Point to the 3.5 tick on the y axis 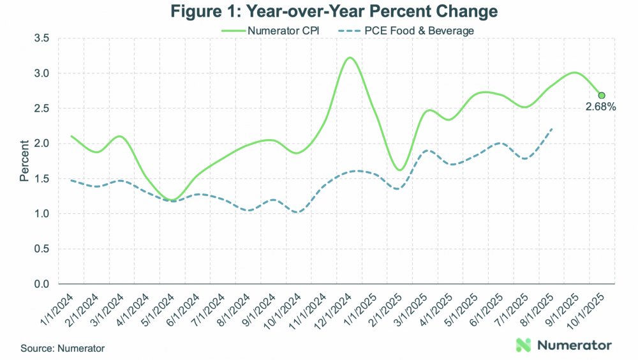click(42, 38)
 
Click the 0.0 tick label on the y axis click(42, 283)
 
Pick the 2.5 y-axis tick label click(42, 109)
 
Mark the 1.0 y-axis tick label click(42, 213)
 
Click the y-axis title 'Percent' click(24, 161)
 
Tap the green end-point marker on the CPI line click(601, 96)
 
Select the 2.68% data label click(600, 107)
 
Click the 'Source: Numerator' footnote click(63, 349)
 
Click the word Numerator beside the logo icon click(575, 345)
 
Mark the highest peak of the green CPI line click(349, 57)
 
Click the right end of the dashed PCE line click(552, 129)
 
